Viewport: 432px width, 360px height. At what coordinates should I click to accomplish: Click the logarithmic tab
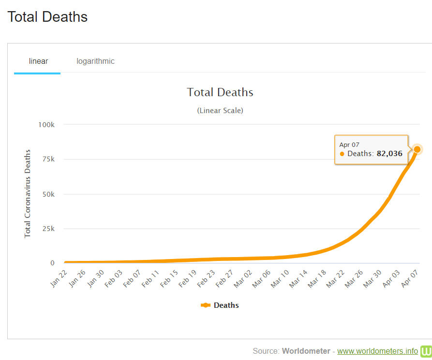click(x=95, y=61)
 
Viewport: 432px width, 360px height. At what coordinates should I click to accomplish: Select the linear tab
click(x=38, y=61)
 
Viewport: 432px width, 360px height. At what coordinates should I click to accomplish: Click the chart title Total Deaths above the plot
click(x=220, y=92)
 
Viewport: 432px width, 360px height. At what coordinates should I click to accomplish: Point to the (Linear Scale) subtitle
click(x=220, y=110)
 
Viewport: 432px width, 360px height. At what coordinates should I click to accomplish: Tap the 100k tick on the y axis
click(x=46, y=124)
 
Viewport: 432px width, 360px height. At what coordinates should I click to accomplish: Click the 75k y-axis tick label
click(x=48, y=159)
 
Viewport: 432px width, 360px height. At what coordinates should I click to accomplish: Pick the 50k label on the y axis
click(x=48, y=194)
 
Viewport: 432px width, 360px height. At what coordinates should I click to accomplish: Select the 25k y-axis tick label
click(x=48, y=229)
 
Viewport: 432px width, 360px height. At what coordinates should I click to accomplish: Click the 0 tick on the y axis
click(x=52, y=263)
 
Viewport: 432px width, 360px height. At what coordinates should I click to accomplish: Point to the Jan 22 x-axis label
click(x=59, y=277)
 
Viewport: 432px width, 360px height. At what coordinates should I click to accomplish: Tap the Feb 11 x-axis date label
click(x=149, y=278)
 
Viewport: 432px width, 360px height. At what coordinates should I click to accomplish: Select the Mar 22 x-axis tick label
click(x=335, y=278)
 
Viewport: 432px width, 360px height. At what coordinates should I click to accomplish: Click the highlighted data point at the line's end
click(x=417, y=149)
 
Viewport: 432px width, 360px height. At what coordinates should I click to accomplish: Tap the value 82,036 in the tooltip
click(x=389, y=154)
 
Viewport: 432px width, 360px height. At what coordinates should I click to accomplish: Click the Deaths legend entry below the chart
click(x=220, y=305)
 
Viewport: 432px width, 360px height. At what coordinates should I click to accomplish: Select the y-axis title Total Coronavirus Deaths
click(x=28, y=193)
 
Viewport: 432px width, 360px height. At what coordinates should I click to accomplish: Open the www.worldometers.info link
click(x=377, y=351)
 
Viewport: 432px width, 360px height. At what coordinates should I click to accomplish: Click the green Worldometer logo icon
click(x=426, y=351)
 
